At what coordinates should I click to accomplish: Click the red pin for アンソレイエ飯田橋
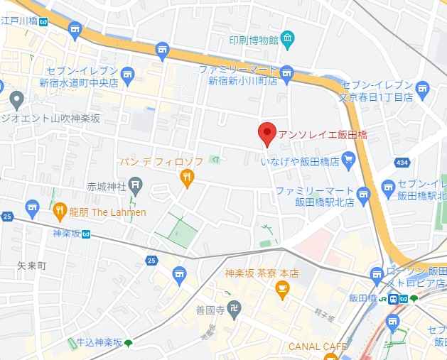[266, 133]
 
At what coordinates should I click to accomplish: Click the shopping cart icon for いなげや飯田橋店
[348, 161]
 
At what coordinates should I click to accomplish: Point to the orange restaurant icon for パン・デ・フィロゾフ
[187, 178]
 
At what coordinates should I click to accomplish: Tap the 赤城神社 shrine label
[107, 187]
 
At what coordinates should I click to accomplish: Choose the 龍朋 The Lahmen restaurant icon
[60, 211]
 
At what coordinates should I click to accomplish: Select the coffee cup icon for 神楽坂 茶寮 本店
[283, 288]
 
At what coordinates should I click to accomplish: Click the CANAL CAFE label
[318, 347]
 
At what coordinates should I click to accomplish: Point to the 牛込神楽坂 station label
[96, 343]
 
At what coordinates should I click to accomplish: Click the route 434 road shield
[402, 163]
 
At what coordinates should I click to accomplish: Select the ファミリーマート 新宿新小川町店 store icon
[286, 72]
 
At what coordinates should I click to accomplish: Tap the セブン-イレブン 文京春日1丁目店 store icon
[424, 88]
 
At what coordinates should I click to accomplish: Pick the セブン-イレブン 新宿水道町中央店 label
[82, 77]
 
